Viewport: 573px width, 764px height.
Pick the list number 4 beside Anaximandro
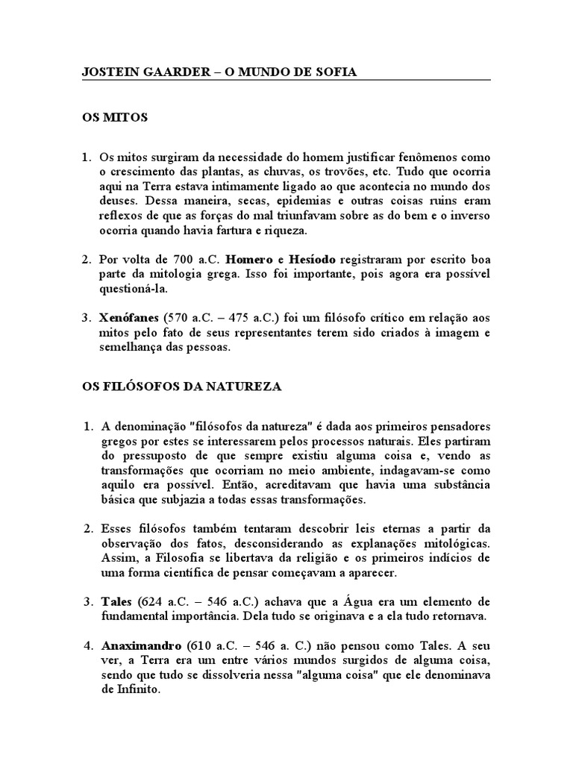[x=86, y=645]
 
